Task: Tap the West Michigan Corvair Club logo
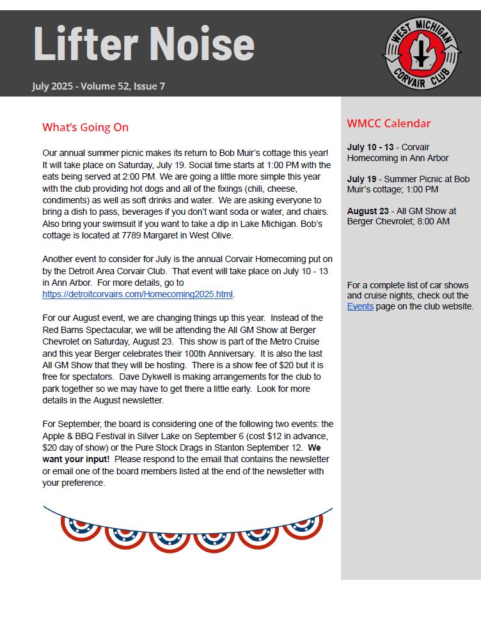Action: click(422, 54)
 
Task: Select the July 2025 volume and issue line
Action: click(99, 86)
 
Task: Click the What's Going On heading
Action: click(85, 127)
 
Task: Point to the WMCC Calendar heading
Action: click(389, 123)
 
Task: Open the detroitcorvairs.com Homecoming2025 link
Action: click(138, 295)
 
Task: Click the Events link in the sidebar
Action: click(359, 306)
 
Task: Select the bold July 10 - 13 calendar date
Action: click(370, 147)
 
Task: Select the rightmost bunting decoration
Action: click(303, 525)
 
